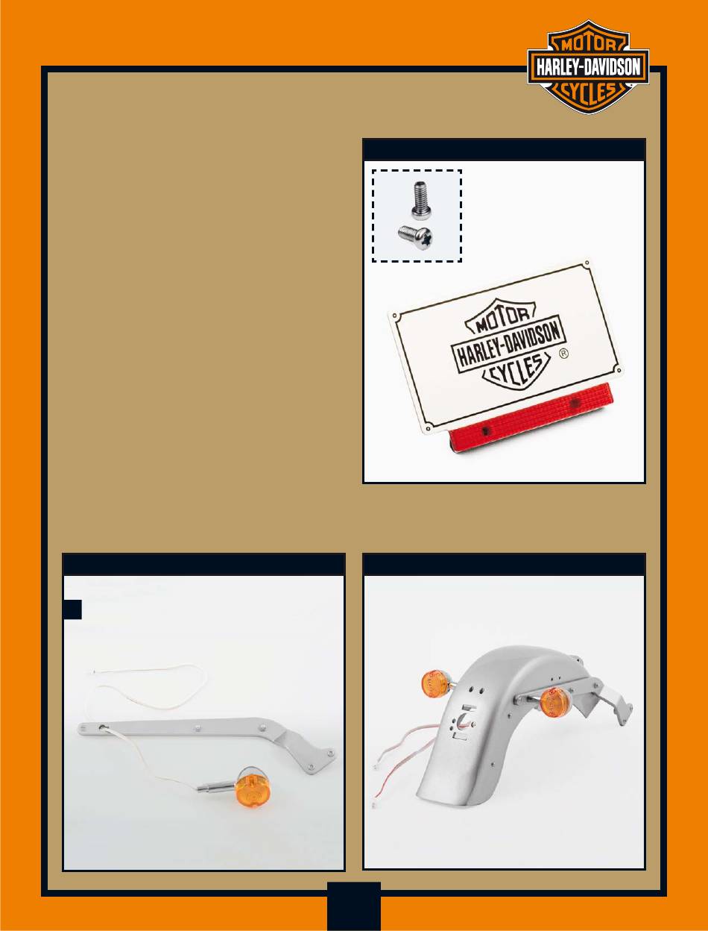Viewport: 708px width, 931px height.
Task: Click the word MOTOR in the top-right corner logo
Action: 588,45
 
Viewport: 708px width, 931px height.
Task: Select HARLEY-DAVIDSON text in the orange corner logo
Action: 589,69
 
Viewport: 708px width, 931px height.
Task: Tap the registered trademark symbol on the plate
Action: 564,354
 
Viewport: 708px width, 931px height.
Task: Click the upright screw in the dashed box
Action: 421,200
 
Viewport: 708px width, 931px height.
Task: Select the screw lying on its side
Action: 415,237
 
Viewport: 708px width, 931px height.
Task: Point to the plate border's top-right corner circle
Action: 587,264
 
